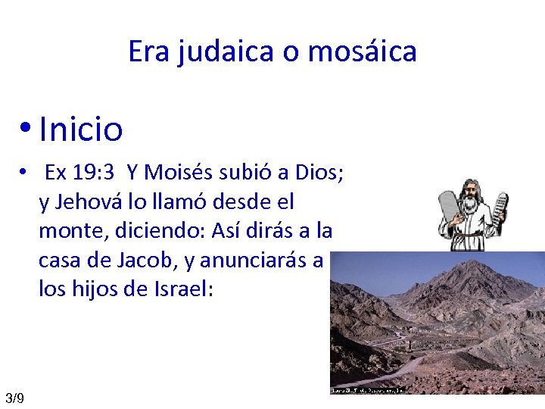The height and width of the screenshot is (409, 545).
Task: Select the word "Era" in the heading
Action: [149, 52]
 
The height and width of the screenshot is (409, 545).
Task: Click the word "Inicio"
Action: [80, 129]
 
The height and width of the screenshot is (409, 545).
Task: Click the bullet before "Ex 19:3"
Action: [24, 173]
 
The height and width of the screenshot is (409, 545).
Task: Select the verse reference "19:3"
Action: [94, 173]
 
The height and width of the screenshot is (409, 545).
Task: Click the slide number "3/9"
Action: [14, 398]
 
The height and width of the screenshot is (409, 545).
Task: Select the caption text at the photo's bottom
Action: [369, 390]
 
